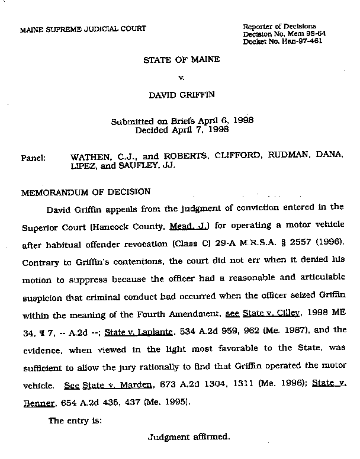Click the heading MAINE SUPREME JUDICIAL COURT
(83, 29)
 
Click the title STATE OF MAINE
(181, 60)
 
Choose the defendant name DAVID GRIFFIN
(181, 94)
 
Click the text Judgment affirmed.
(189, 438)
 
